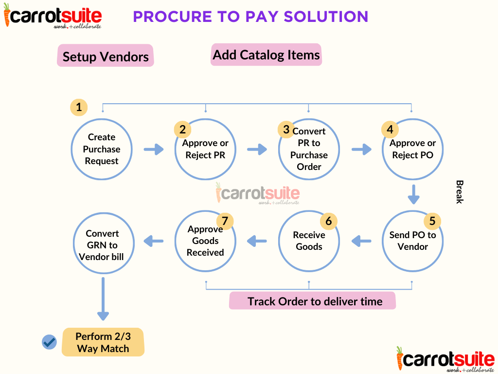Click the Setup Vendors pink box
[105, 56]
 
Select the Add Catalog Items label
[267, 55]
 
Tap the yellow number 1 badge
[79, 107]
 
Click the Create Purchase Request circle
[102, 150]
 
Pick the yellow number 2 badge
[183, 130]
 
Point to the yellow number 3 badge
[286, 130]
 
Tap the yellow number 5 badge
[432, 221]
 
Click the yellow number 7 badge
[225, 221]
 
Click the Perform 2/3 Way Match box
[103, 342]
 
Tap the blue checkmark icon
[49, 342]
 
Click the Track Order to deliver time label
[312, 301]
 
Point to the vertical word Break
[459, 192]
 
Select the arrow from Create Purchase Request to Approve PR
[154, 149]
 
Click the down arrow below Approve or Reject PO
[413, 193]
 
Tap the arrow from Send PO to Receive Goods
[361, 240]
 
